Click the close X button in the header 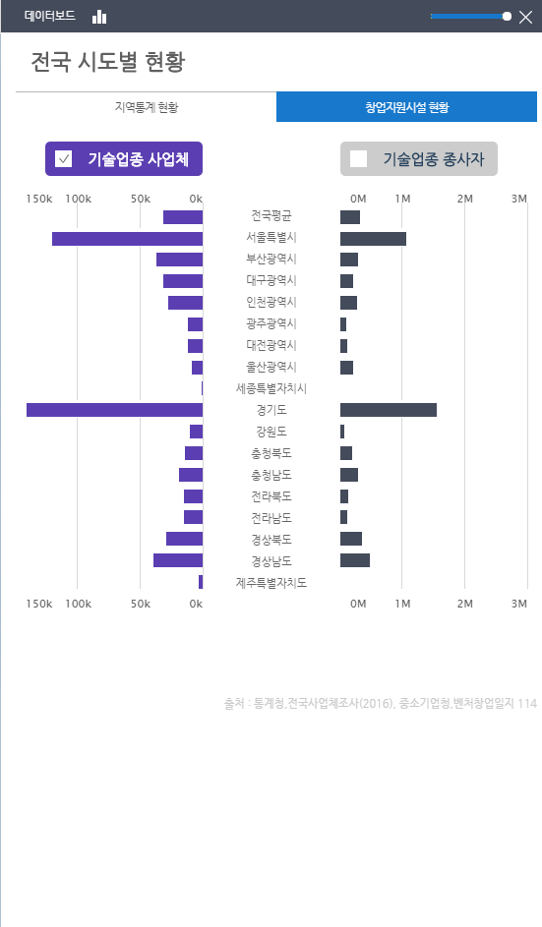[x=524, y=17]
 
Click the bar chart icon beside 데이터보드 [x=99, y=17]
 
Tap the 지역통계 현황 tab [x=147, y=107]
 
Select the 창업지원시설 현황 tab [x=406, y=107]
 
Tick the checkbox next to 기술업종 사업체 [x=64, y=158]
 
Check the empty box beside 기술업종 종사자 [x=359, y=158]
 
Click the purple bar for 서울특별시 [x=127, y=239]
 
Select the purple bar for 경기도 [x=114, y=410]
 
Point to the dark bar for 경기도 [x=389, y=410]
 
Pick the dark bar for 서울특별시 [x=373, y=239]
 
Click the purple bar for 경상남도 [x=178, y=560]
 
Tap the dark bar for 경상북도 [x=351, y=539]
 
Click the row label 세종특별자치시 [x=271, y=388]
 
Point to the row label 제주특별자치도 [x=271, y=582]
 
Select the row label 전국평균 [x=271, y=216]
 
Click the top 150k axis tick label [x=39, y=199]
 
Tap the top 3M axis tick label [x=519, y=199]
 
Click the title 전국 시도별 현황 [x=108, y=63]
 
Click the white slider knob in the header [x=507, y=17]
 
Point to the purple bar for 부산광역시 [x=179, y=260]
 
